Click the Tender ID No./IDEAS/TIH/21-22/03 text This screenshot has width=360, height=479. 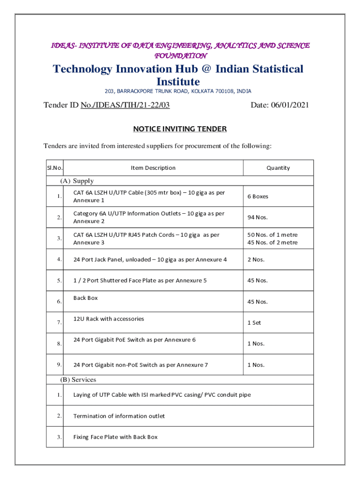coord(107,105)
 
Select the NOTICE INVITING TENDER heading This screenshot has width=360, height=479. coord(180,129)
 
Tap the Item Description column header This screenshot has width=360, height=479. coord(153,168)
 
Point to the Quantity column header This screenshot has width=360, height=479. coord(278,168)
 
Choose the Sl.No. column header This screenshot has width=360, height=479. coord(55,168)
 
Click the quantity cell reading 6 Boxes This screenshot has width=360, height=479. coord(258,196)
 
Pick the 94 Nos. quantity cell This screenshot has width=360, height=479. coord(257,218)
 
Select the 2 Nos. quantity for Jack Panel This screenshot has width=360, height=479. coord(256,260)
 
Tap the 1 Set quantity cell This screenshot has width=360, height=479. coord(254,323)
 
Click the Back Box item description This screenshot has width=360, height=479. coord(86,298)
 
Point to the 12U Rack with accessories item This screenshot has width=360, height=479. coord(108,319)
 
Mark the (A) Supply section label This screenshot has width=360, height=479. coord(77,181)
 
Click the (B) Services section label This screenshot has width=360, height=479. coord(79,379)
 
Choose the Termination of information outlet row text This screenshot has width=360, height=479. coord(119,416)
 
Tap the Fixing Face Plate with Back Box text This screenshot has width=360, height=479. coord(115,437)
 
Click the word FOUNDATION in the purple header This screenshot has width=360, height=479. coord(180,55)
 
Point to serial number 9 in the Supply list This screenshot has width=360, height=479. coord(59,364)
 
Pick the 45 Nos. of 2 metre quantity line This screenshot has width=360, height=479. coord(273,242)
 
